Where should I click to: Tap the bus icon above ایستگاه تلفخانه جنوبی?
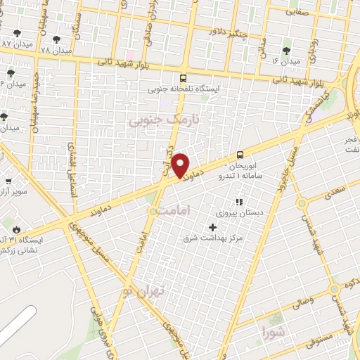pyautogui.click(x=184, y=79)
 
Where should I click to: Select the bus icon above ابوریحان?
pyautogui.click(x=240, y=155)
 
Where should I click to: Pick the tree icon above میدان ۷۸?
pyautogui.click(x=56, y=40)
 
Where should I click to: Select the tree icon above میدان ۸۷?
pyautogui.click(x=17, y=33)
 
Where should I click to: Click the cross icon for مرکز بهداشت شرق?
pyautogui.click(x=212, y=226)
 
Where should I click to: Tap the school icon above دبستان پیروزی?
pyautogui.click(x=237, y=203)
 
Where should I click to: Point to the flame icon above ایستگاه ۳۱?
pyautogui.click(x=16, y=229)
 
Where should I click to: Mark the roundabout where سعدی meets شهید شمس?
pyautogui.click(x=302, y=204)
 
